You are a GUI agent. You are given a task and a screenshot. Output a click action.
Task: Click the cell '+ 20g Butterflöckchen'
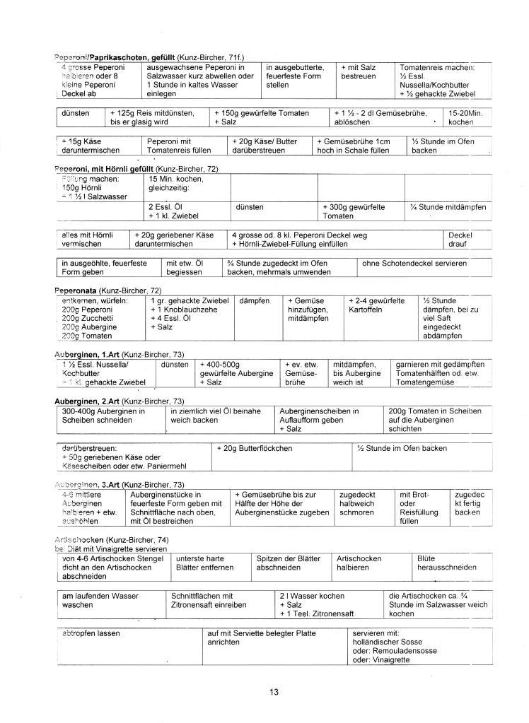coord(254,448)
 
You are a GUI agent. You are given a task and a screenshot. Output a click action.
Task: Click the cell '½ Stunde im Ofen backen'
coord(402,448)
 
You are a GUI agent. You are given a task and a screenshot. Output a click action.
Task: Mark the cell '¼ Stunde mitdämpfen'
coord(448,207)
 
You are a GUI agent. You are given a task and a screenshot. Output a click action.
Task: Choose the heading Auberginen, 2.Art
coord(87,401)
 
